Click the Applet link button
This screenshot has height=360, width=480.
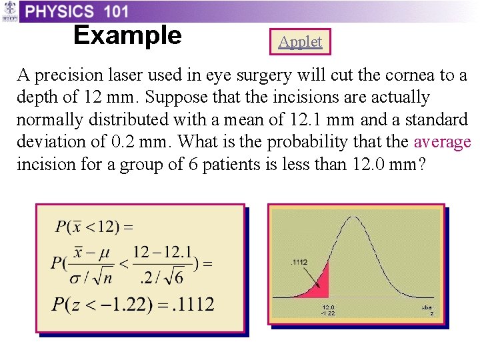click(x=300, y=42)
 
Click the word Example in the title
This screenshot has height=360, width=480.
click(x=127, y=35)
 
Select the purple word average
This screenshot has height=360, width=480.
click(x=443, y=142)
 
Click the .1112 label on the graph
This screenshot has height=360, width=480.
click(x=300, y=262)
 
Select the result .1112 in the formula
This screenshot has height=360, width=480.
click(x=192, y=305)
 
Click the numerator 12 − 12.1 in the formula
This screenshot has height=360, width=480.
click(x=163, y=252)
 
